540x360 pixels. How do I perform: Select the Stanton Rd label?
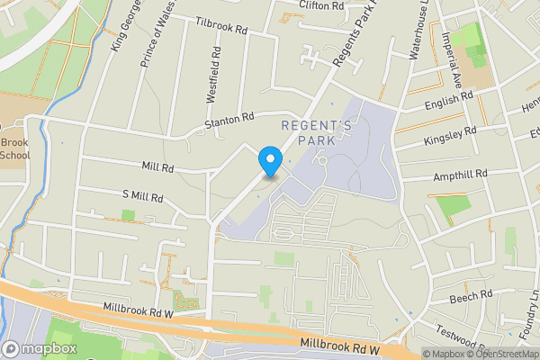click(x=230, y=120)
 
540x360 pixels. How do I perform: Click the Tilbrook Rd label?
click(x=221, y=28)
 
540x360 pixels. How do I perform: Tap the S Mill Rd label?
click(x=142, y=197)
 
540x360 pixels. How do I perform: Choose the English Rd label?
click(x=448, y=101)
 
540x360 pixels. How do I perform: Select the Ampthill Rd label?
click(x=460, y=174)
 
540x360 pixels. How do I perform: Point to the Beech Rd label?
click(x=472, y=295)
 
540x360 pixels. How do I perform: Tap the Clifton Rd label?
click(x=323, y=4)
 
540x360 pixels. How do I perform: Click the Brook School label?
click(x=14, y=148)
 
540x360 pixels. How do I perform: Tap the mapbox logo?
click(x=39, y=348)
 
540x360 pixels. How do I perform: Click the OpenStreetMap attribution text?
click(x=504, y=354)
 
